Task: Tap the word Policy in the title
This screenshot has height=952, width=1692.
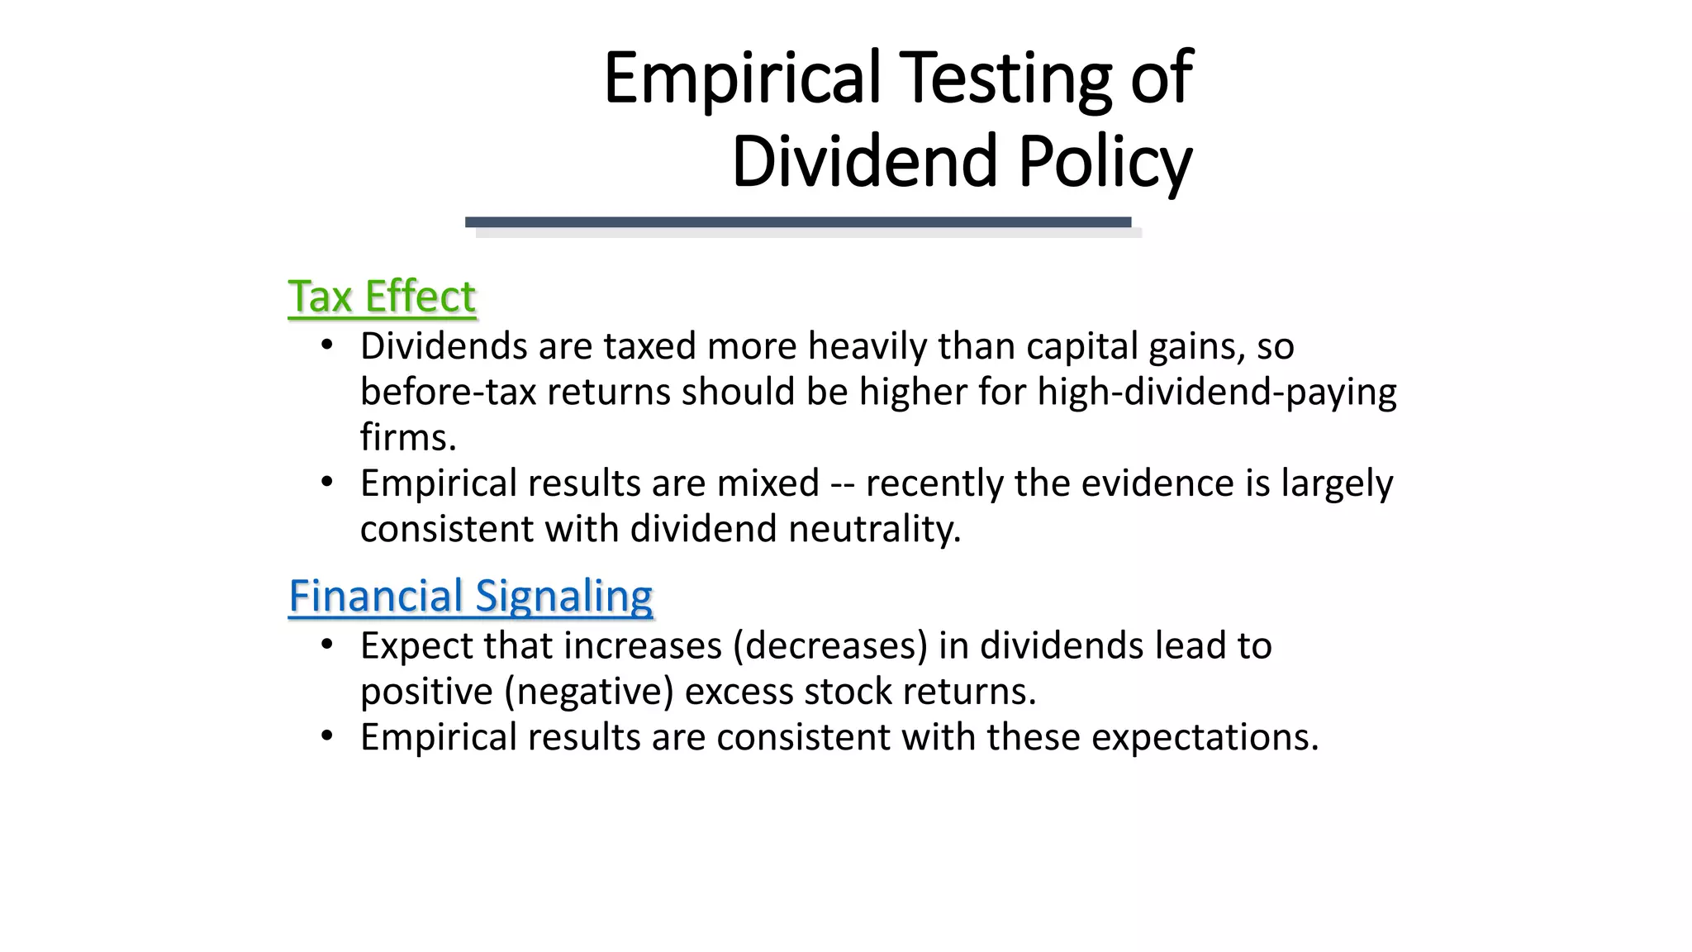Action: coord(1105,162)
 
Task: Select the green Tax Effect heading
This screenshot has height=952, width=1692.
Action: coord(382,297)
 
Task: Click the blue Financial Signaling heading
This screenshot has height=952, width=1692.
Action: coord(471,596)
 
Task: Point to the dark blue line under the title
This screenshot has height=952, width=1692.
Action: coord(797,222)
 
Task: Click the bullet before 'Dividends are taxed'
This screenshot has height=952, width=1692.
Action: coord(327,345)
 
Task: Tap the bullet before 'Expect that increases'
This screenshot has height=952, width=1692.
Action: coord(327,645)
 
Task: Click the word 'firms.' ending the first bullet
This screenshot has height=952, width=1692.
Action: coord(408,437)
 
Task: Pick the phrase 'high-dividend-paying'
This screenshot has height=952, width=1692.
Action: coord(1217,392)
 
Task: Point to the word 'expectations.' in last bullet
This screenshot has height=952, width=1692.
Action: coord(1205,737)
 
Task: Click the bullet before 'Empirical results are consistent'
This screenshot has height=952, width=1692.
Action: coord(327,736)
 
